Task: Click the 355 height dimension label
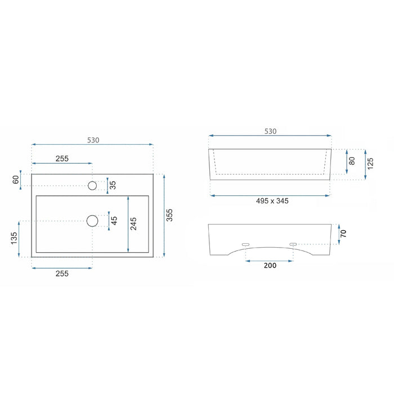tap(169, 215)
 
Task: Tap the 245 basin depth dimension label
tap(133, 223)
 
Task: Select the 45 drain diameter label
tap(114, 221)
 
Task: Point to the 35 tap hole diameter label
tap(113, 185)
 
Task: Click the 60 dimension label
tap(16, 180)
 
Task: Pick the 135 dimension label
tap(14, 238)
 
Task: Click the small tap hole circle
tap(92, 185)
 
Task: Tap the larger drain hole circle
tap(92, 221)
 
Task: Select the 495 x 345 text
tap(272, 201)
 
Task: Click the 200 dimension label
tap(270, 265)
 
